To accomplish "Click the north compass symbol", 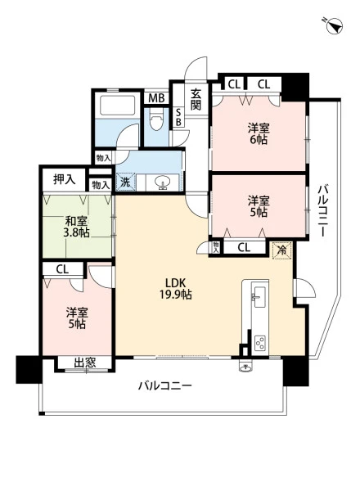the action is click(334, 26).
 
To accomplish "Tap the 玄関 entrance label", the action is click(196, 99).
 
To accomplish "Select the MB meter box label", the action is click(156, 98).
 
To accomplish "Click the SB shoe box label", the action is click(178, 117).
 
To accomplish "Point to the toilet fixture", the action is click(156, 119).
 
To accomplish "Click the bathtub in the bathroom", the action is click(117, 106).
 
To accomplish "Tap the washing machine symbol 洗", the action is click(125, 182).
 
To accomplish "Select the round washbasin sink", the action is click(162, 182).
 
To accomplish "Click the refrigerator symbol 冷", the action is click(281, 250).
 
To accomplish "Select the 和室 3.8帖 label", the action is click(77, 227).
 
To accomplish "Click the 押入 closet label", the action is click(64, 179).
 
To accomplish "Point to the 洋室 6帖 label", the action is click(259, 133).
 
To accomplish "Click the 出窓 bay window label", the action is click(84, 363).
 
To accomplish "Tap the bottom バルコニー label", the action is click(165, 385).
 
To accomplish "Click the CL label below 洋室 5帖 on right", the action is click(244, 248).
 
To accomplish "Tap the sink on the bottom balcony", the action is click(246, 366).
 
